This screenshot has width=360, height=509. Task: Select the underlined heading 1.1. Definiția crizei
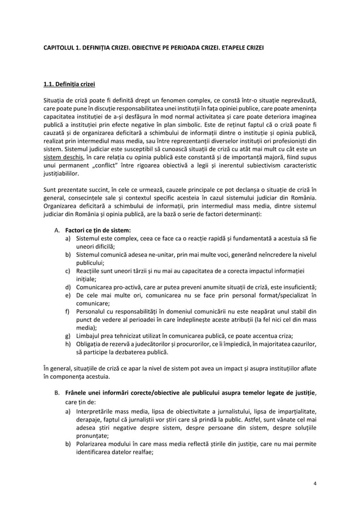[69, 85]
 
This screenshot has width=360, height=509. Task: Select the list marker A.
[56, 230]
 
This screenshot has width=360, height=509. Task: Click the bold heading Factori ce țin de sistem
[98, 230]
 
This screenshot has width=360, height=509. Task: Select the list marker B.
[56, 391]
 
